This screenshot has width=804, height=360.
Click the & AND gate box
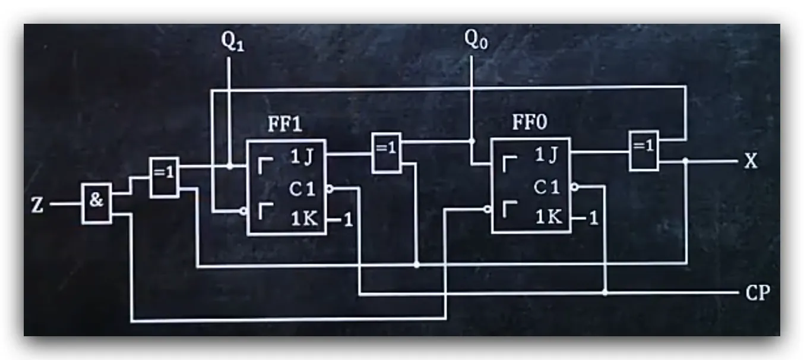(x=97, y=203)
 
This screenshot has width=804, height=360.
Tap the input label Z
(x=37, y=206)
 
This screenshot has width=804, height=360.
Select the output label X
(x=751, y=161)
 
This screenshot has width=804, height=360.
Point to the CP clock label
(x=758, y=293)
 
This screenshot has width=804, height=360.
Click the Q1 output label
(x=233, y=41)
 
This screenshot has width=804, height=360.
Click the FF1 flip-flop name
(x=285, y=124)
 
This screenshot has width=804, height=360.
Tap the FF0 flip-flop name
(x=530, y=122)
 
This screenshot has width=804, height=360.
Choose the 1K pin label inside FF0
(x=549, y=217)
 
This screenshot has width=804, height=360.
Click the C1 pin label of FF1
(x=302, y=189)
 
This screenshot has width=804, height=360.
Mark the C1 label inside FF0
(x=546, y=187)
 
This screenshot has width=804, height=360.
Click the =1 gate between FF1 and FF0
(x=387, y=153)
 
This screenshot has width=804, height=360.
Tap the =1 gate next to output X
(x=644, y=151)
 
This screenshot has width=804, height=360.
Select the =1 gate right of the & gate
(x=164, y=177)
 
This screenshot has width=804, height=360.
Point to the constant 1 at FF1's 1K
(x=348, y=220)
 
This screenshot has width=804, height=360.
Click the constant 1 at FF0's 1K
(x=593, y=218)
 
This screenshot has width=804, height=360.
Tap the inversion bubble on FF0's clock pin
(x=575, y=187)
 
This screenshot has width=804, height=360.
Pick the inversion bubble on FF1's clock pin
(x=330, y=189)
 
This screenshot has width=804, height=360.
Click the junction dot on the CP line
(x=606, y=292)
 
